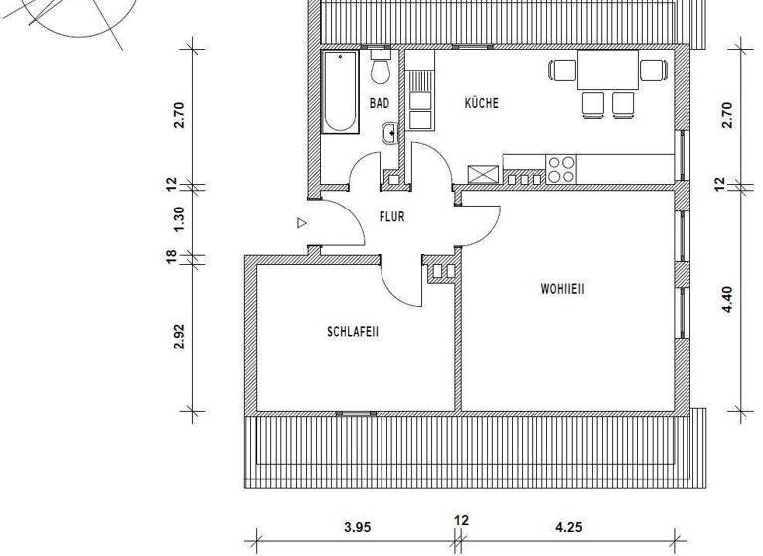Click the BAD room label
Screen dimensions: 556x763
[379, 103]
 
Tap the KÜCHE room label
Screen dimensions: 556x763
[481, 103]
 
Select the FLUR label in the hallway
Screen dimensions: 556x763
[391, 216]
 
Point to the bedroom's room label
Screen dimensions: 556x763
[353, 332]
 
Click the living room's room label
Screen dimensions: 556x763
[563, 290]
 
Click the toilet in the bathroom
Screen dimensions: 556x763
[380, 68]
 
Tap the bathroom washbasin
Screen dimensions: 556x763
[389, 131]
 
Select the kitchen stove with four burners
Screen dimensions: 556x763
[561, 168]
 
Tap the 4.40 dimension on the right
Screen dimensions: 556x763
[727, 299]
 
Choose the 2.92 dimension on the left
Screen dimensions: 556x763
[179, 338]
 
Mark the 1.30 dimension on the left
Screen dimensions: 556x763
[179, 219]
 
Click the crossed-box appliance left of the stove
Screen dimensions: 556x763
[483, 173]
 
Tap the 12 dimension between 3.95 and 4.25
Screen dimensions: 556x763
[461, 519]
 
